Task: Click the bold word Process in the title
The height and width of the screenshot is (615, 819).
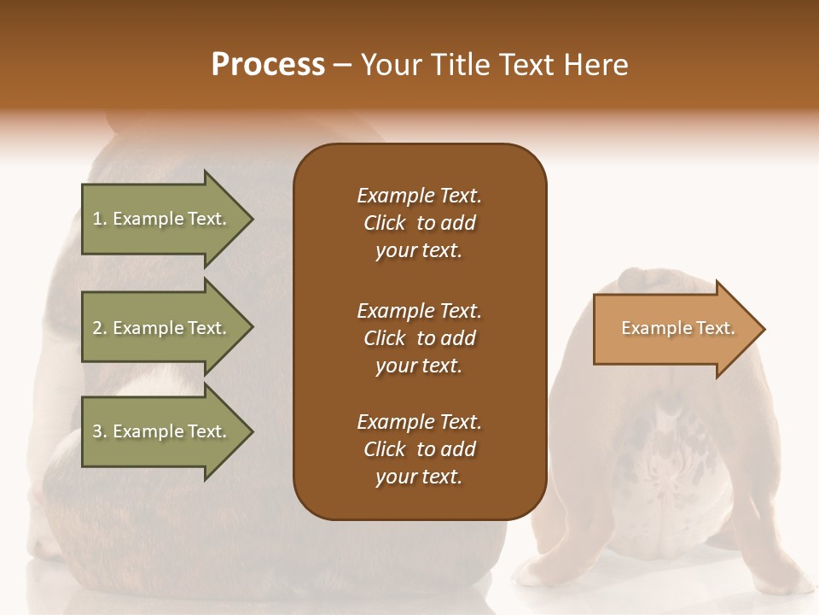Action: [x=268, y=65]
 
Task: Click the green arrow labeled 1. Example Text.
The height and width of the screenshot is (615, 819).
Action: [x=162, y=219]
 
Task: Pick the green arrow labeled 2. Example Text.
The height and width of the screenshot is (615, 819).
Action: [x=162, y=328]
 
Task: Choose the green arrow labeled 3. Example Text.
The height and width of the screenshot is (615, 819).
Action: [x=162, y=431]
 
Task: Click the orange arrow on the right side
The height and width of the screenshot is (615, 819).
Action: [x=674, y=329]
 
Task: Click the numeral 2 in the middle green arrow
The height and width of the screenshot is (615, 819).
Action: [x=97, y=328]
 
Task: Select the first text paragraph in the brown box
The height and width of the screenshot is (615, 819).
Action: [x=419, y=223]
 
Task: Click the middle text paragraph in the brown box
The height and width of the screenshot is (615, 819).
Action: [x=419, y=338]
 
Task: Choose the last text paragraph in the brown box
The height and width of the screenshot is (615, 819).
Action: [x=419, y=449]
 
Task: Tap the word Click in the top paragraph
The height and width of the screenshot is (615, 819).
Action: [x=385, y=223]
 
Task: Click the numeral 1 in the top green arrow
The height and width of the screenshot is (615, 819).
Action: [x=97, y=219]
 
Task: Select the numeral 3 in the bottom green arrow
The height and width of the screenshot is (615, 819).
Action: [x=97, y=431]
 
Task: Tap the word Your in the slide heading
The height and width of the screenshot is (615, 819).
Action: [x=394, y=65]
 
